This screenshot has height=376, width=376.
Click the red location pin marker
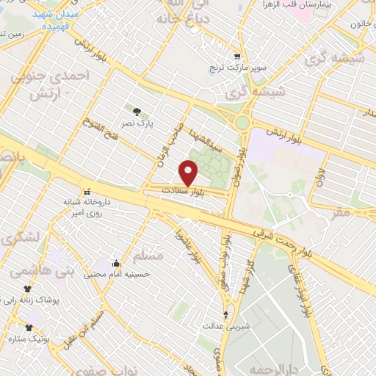[x=189, y=173]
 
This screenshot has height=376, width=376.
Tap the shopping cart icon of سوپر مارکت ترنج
[x=236, y=56]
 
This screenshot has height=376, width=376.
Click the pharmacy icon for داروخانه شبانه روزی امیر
[x=87, y=192]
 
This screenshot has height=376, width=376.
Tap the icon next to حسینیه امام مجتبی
[x=115, y=262]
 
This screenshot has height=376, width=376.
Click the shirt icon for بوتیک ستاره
[x=29, y=328]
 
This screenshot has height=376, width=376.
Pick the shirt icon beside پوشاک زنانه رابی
[x=28, y=289]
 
